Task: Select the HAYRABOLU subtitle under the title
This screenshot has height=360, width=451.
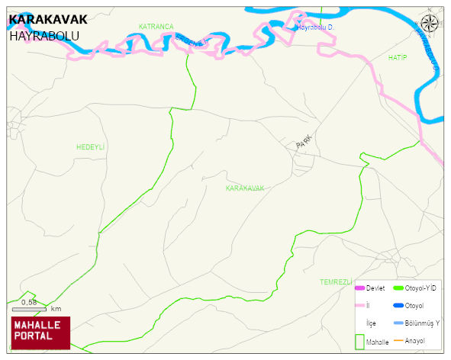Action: pyautogui.click(x=44, y=35)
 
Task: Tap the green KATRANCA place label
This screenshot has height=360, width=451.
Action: pyautogui.click(x=156, y=27)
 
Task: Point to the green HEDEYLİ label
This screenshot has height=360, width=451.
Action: pyautogui.click(x=90, y=146)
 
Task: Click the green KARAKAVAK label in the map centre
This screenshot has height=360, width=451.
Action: pyautogui.click(x=245, y=188)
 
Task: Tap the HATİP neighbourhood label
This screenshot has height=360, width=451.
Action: pyautogui.click(x=398, y=58)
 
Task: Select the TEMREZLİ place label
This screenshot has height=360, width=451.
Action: pyautogui.click(x=336, y=282)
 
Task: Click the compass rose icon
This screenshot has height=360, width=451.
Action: pyautogui.click(x=430, y=24)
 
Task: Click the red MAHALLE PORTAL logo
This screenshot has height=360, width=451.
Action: pyautogui.click(x=40, y=332)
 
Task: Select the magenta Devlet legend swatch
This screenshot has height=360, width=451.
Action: pyautogui.click(x=359, y=288)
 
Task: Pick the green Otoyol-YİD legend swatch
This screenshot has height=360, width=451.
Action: pyautogui.click(x=398, y=288)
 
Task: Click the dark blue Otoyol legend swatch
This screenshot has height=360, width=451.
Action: pyautogui.click(x=398, y=306)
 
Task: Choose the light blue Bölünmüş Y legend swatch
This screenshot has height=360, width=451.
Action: pyautogui.click(x=398, y=323)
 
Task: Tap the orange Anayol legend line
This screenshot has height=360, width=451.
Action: pyautogui.click(x=398, y=340)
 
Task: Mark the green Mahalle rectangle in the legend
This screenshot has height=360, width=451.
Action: pyautogui.click(x=359, y=341)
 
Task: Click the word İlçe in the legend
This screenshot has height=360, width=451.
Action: pyautogui.click(x=372, y=323)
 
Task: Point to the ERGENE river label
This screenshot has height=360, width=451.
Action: pyautogui.click(x=191, y=40)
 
